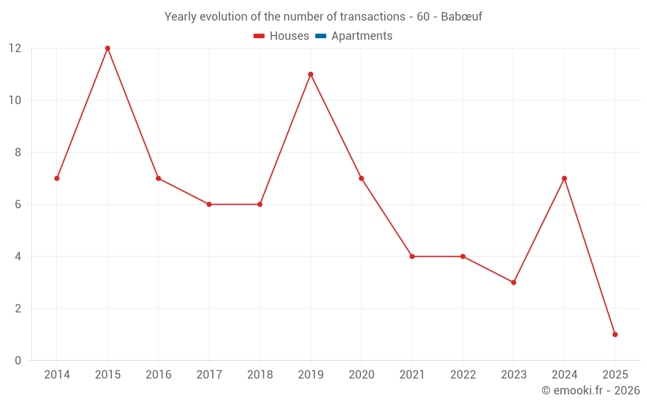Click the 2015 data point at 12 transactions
(x=107, y=48)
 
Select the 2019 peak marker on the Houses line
(x=311, y=74)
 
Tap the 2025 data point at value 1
(x=615, y=334)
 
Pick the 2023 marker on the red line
(x=513, y=282)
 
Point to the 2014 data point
(x=57, y=178)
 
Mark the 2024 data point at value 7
(x=564, y=178)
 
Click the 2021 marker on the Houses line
(x=412, y=257)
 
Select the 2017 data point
(x=209, y=204)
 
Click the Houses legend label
(x=289, y=36)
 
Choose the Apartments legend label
(x=362, y=36)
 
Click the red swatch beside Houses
(x=259, y=36)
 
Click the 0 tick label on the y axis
(x=18, y=360)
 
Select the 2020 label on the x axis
(x=361, y=375)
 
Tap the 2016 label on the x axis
(x=159, y=375)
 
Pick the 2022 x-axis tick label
(x=463, y=375)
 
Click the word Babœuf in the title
(x=461, y=17)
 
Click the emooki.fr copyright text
(x=590, y=390)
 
